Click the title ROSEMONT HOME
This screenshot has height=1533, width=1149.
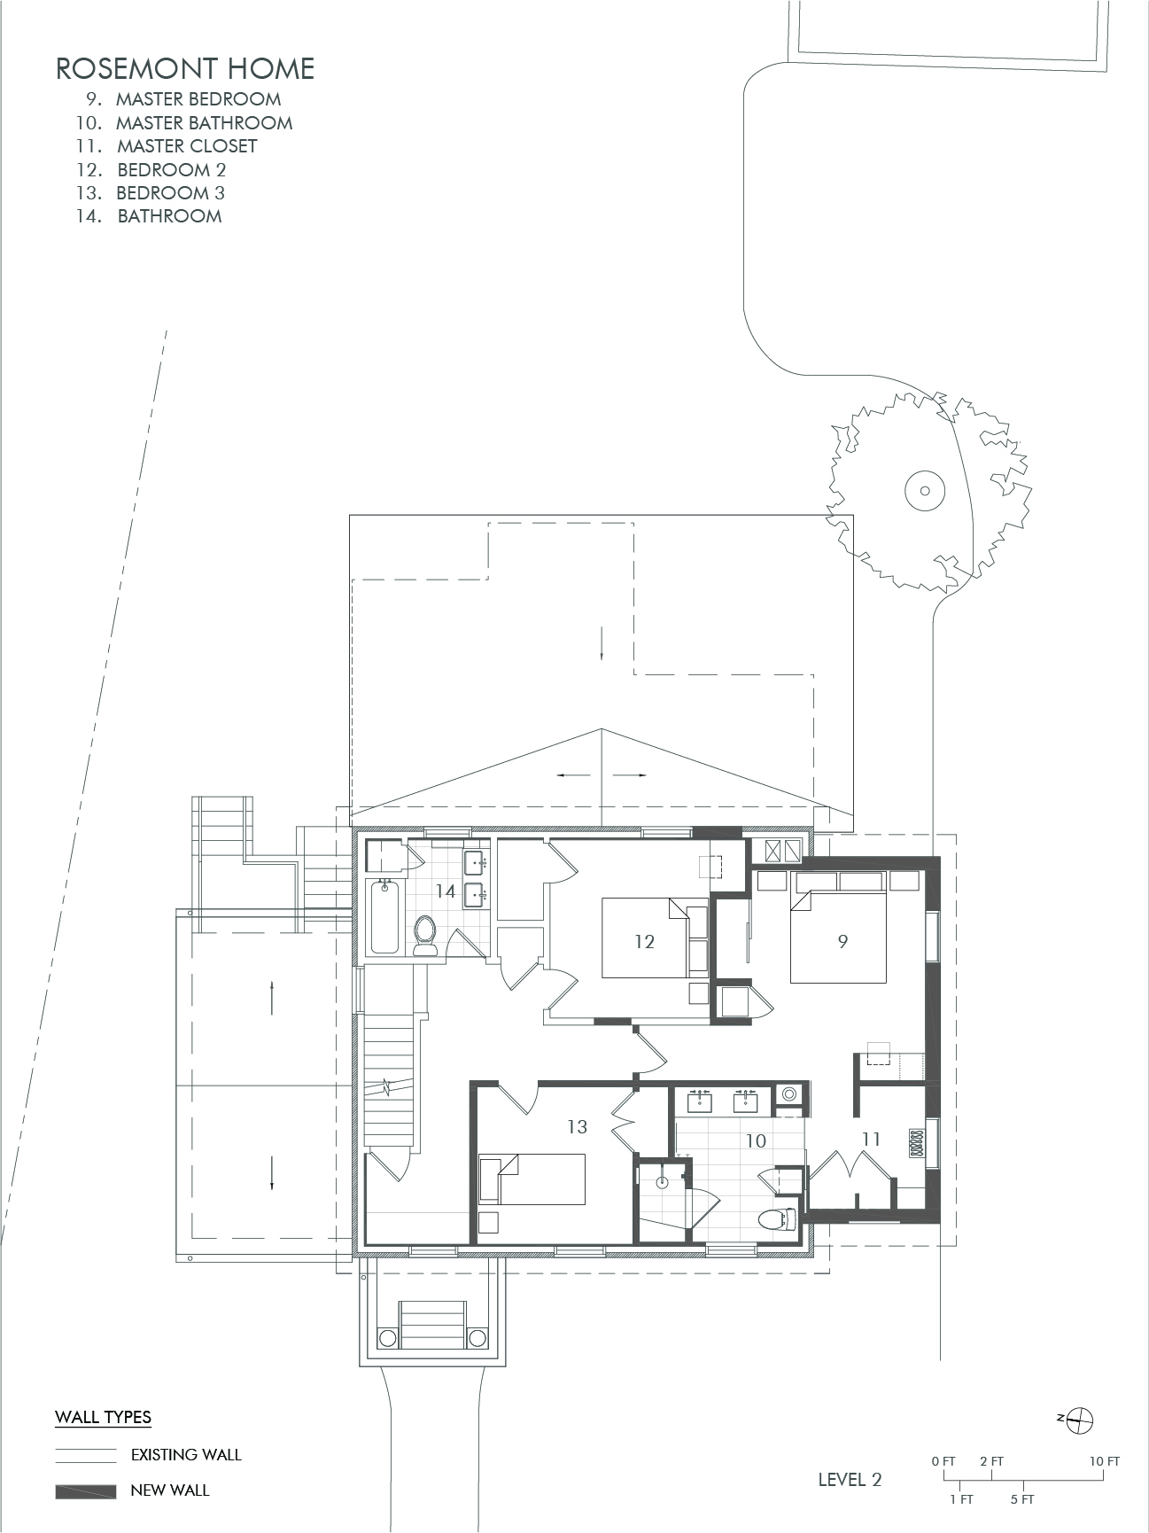(x=185, y=69)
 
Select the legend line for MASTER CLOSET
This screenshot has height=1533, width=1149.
(x=168, y=146)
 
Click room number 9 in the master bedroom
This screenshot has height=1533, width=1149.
(x=842, y=941)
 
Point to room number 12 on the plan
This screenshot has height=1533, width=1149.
(x=644, y=941)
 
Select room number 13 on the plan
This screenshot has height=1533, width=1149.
(x=577, y=1127)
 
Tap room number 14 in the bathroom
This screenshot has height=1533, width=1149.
(x=445, y=891)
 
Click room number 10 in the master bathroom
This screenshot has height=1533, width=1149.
(x=755, y=1141)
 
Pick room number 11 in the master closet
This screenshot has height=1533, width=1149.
(x=871, y=1139)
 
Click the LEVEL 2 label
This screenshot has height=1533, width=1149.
(x=850, y=1480)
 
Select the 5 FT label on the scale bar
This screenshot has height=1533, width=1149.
(x=1021, y=1500)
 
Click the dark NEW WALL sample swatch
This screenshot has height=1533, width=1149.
(x=86, y=1491)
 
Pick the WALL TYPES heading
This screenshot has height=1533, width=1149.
(x=103, y=1418)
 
